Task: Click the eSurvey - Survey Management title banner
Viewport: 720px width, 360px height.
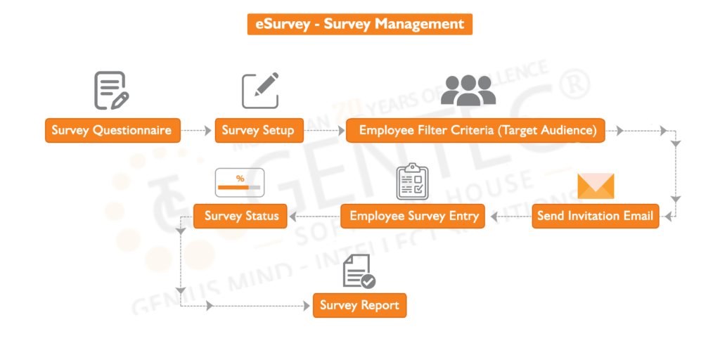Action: pyautogui.click(x=359, y=24)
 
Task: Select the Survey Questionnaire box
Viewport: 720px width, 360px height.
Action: pyautogui.click(x=111, y=131)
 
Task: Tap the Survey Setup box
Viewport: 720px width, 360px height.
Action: pyautogui.click(x=259, y=131)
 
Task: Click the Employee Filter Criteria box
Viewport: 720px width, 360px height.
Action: pyautogui.click(x=475, y=131)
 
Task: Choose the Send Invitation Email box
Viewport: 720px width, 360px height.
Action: pyautogui.click(x=595, y=216)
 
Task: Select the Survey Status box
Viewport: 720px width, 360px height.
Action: pyautogui.click(x=240, y=216)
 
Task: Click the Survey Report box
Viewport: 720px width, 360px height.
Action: pyautogui.click(x=359, y=305)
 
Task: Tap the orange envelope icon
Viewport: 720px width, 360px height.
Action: pyautogui.click(x=596, y=186)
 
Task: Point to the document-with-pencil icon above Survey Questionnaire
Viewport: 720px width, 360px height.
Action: pyautogui.click(x=111, y=91)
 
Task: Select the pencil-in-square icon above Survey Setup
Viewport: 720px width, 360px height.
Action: pyautogui.click(x=260, y=91)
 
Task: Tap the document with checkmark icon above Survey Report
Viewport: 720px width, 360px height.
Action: pyautogui.click(x=359, y=272)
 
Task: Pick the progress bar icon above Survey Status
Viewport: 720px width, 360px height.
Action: pyautogui.click(x=239, y=182)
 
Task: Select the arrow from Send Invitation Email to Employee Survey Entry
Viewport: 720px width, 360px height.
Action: pyautogui.click(x=508, y=216)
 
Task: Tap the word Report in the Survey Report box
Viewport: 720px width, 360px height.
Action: pyautogui.click(x=380, y=305)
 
